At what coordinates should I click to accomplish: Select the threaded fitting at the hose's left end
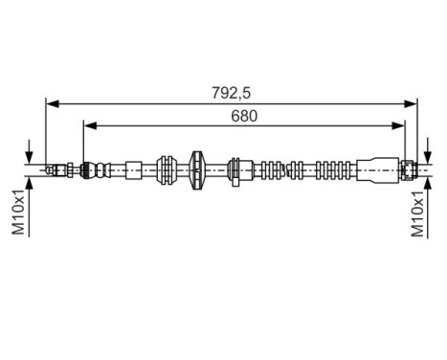click(59, 169)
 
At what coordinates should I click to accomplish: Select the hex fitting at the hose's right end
click(408, 169)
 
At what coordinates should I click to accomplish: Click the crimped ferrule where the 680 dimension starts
click(89, 169)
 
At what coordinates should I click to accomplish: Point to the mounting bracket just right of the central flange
click(235, 169)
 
